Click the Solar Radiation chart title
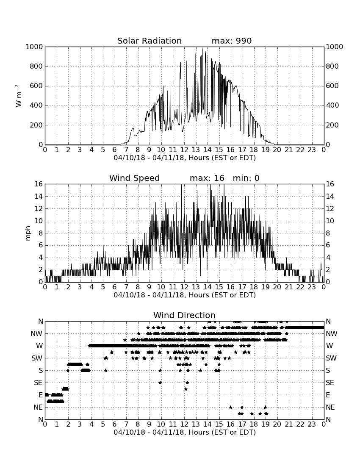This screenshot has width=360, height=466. pos(150,41)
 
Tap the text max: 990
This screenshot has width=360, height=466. pos(232,41)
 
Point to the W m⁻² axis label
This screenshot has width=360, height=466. pos(18,96)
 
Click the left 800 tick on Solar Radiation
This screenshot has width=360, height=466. pos(36,66)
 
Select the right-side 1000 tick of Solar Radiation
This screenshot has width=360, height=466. pos(335,47)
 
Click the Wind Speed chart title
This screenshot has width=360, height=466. pos(135,178)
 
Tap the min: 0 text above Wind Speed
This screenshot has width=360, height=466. pos(246,178)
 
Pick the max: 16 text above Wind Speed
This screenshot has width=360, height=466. pos(207,178)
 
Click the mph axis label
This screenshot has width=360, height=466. pos(28,233)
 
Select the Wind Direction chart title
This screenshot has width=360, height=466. pos(184,315)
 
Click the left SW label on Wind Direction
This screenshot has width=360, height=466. pos(37,358)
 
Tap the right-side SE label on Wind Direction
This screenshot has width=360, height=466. pos(330,383)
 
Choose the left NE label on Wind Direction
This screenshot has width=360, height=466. pos(38,408)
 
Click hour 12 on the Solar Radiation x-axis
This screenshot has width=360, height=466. pos(184,150)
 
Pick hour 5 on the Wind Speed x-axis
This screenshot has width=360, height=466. pos(103,287)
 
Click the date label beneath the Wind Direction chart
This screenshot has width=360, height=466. pos(185,432)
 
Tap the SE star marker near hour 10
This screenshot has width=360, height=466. pos(160,383)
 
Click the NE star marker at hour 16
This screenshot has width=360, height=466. pos(230,408)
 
